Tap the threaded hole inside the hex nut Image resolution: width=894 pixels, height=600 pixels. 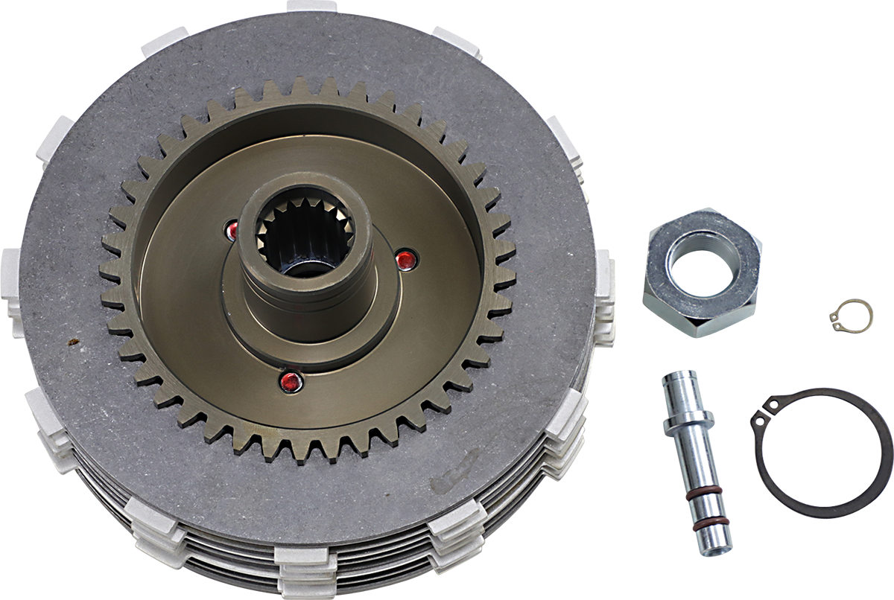pyautogui.click(x=703, y=261)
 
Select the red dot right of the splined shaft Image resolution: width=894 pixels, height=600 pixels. pyautogui.click(x=405, y=260)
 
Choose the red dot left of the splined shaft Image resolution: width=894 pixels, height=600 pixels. pyautogui.click(x=232, y=231)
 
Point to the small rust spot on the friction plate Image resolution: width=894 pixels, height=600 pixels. pyautogui.click(x=73, y=342)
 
